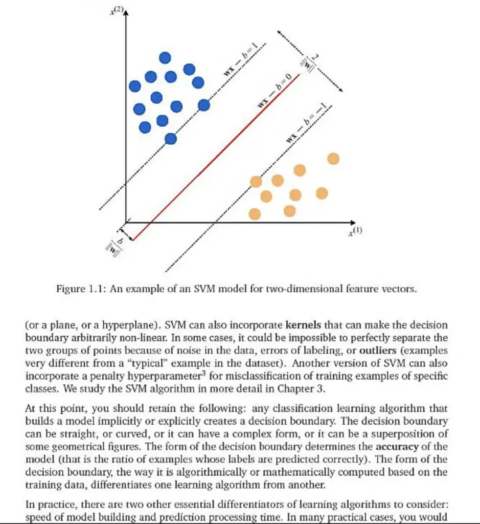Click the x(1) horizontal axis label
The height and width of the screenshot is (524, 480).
click(x=355, y=232)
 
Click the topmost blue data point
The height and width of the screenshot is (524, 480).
click(x=165, y=58)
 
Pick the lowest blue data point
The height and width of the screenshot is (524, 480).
click(x=171, y=138)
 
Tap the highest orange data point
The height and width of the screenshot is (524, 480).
click(x=333, y=159)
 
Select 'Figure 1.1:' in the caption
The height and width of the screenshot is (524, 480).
click(x=77, y=289)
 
